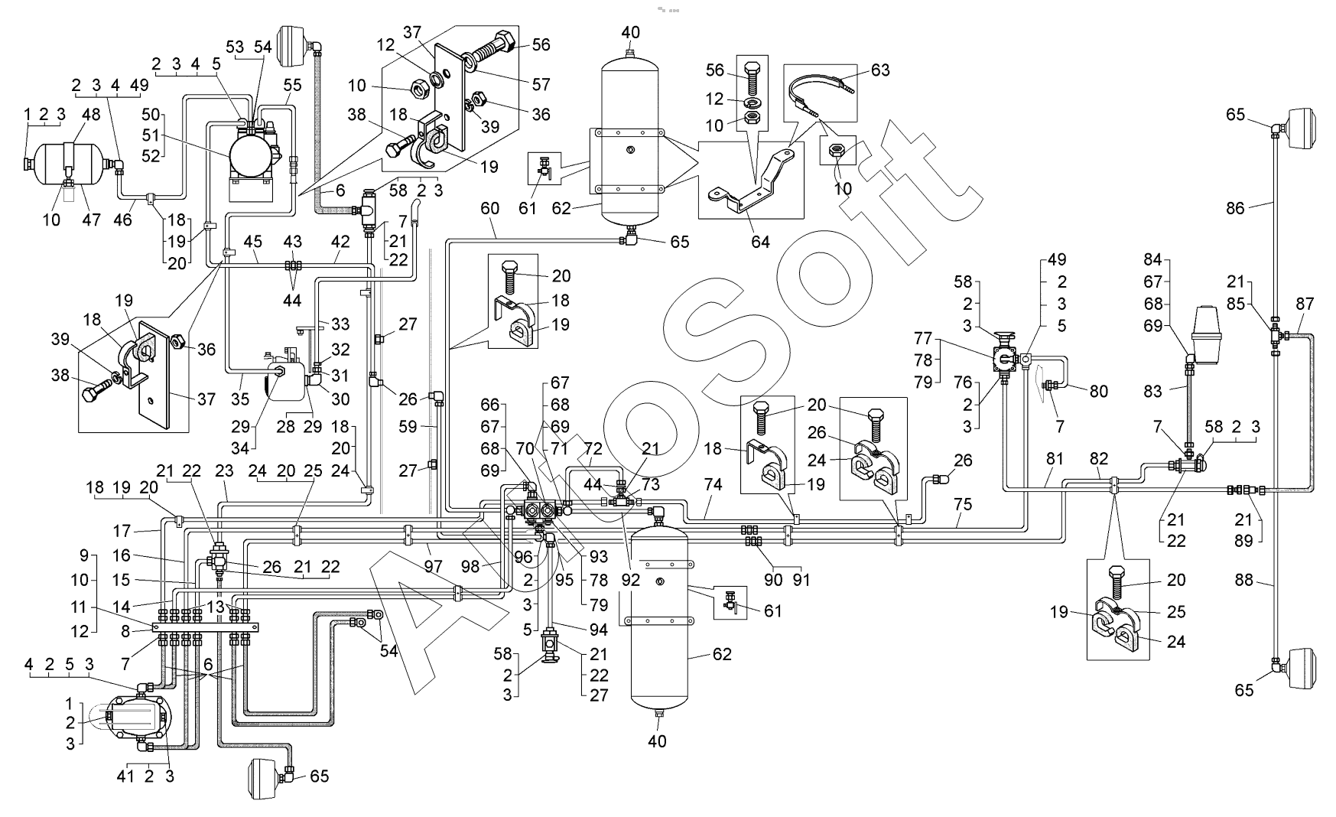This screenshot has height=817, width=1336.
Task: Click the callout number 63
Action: (x=880, y=70)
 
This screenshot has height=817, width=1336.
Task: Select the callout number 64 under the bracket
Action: (x=760, y=242)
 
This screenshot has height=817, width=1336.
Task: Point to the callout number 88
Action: (x=1245, y=581)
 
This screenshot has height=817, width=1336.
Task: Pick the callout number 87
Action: (x=1305, y=304)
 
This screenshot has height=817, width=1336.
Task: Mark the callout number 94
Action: (x=598, y=630)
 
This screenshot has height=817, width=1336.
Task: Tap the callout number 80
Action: (x=1098, y=391)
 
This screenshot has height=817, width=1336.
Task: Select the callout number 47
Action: (x=92, y=220)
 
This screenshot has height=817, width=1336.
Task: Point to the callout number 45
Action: (x=253, y=242)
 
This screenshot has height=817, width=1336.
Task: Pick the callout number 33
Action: (x=340, y=324)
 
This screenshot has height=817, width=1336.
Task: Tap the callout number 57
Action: (x=541, y=84)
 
